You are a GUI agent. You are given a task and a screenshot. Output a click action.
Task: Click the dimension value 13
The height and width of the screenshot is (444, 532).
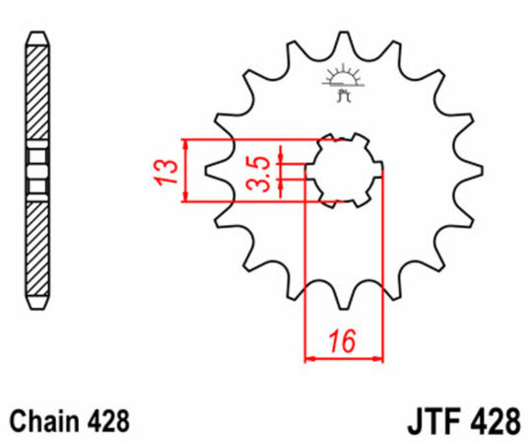tap(169, 171)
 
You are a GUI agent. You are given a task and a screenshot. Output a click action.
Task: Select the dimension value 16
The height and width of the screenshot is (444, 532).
tap(343, 343)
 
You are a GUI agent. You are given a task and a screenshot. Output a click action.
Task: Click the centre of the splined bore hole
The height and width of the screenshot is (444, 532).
tap(343, 171)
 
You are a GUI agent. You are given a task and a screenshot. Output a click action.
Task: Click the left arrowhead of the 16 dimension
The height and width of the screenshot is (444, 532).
tap(308, 356)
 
